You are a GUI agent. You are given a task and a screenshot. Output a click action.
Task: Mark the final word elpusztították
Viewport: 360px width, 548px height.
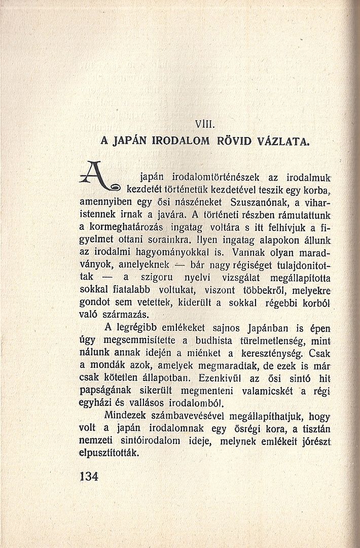[110, 454]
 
